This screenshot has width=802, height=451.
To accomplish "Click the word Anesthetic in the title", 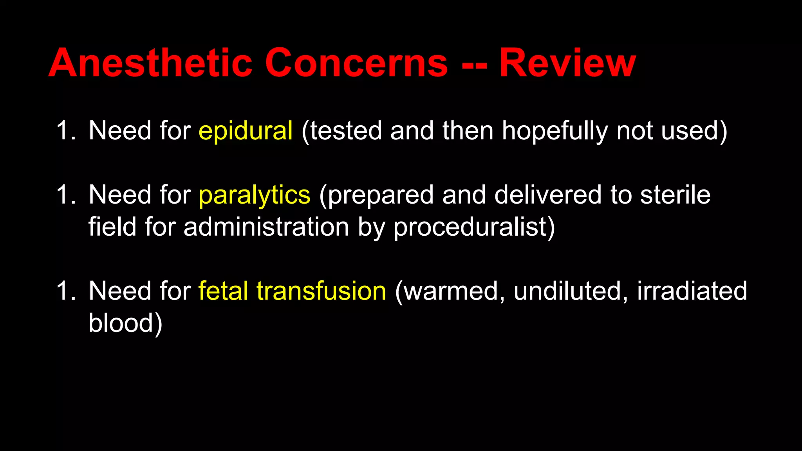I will pos(150,63).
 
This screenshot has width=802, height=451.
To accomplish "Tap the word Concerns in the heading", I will pos(356,63).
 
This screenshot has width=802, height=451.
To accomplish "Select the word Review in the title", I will pos(567,63).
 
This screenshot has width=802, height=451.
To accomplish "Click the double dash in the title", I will pos(474,65).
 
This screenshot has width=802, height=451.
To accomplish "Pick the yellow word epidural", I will pos(246,131).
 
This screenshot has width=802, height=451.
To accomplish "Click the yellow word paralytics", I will pos(255,195).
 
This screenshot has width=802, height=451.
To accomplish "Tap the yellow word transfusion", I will pos(322,291).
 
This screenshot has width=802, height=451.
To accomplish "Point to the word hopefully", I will pos(555,131).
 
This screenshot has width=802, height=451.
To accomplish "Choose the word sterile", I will pos(675,195).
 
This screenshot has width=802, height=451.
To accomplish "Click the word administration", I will pos(266,227).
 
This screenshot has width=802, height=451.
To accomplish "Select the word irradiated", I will pos(692,291).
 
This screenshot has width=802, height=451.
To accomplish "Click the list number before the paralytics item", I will pos(65,195).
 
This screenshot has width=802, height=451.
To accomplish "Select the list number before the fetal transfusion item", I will pos(65,291).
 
